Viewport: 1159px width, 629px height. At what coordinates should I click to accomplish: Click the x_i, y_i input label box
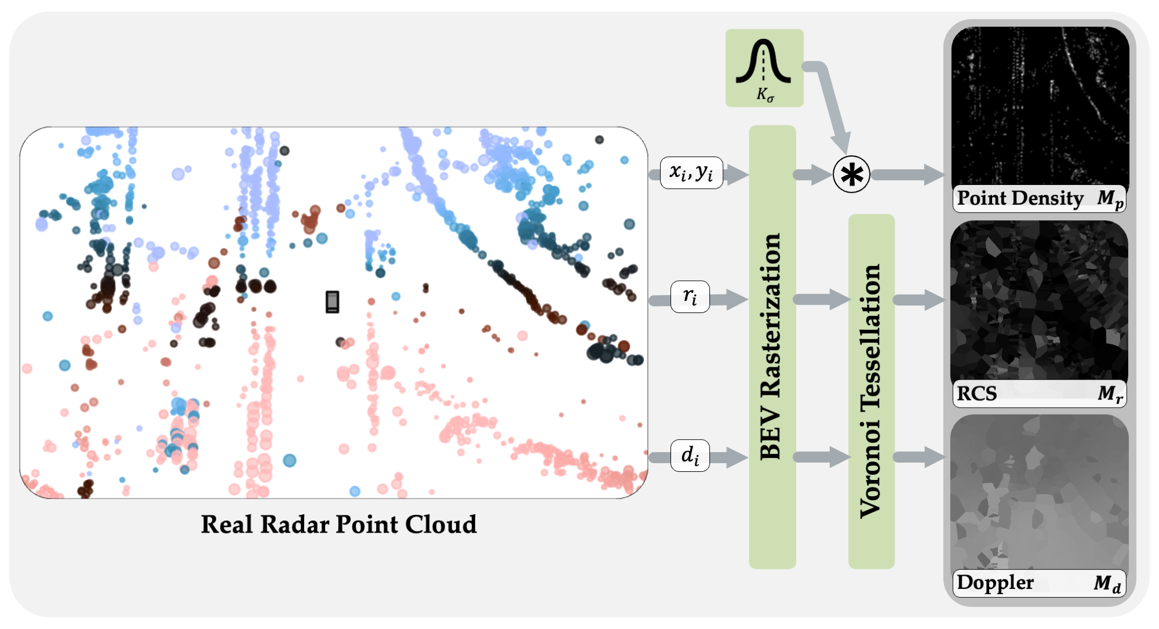[x=691, y=172]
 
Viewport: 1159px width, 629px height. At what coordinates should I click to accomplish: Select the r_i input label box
[x=690, y=297]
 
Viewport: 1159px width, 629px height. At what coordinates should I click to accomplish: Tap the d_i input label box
[x=690, y=455]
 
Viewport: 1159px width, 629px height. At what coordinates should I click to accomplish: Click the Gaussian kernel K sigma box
[x=764, y=68]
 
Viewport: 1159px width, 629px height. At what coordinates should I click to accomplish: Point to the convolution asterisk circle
[x=851, y=174]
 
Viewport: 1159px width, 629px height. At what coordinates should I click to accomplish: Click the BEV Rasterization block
[x=772, y=347]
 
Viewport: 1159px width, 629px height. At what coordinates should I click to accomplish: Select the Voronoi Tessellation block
[x=871, y=391]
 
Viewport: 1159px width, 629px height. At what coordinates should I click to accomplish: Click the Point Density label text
[x=1020, y=198]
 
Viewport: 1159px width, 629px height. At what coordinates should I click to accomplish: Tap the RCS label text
[x=976, y=394]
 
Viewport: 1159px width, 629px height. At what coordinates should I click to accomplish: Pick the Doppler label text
[x=995, y=582]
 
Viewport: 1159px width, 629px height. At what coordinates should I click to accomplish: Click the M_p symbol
[x=1110, y=199]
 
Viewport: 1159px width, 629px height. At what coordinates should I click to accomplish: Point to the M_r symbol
[x=1110, y=394]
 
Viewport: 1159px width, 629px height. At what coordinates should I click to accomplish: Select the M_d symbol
[x=1107, y=583]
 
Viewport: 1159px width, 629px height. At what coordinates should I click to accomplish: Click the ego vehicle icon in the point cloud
[x=332, y=301]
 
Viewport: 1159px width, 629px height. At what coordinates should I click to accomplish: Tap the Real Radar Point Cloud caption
[x=338, y=525]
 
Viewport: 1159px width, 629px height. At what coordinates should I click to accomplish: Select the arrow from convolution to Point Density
[x=907, y=174]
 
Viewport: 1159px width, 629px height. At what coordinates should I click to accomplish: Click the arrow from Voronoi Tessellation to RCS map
[x=919, y=300]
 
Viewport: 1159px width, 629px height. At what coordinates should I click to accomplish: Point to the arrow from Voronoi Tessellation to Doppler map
[x=919, y=457]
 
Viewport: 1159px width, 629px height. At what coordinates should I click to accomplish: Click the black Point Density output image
[x=1040, y=104]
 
